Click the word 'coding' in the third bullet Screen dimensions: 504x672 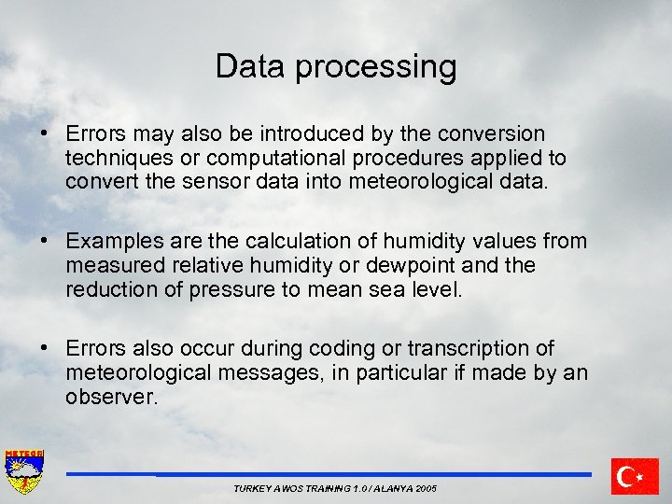pyautogui.click(x=334, y=349)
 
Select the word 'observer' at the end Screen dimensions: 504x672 pyautogui.click(x=109, y=396)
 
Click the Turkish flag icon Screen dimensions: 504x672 pyautogui.click(x=636, y=476)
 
